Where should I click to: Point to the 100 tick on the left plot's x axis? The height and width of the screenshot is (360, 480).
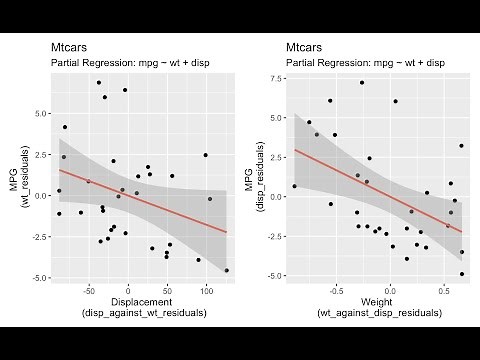pos(206,291)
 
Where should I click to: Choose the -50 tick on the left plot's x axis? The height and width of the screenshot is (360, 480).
pos(89,291)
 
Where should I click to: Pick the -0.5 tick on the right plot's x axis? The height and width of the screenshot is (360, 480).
pos(334,291)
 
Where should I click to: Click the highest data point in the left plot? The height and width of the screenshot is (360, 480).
pos(98,82)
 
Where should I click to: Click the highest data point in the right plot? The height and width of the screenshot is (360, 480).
pos(362,82)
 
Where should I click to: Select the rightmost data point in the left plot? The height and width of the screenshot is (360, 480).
pos(227,270)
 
